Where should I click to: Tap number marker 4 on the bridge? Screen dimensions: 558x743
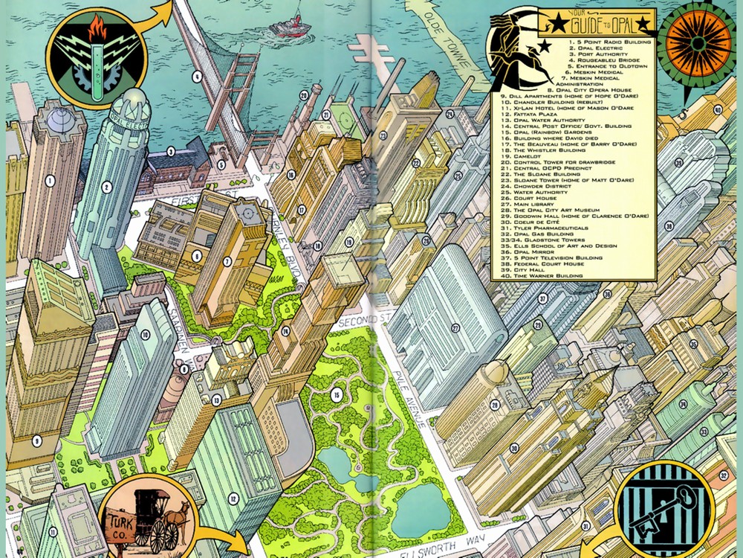coord(197,76)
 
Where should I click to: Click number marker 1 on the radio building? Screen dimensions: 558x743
coord(49,179)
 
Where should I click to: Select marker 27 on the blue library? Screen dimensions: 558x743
coord(455,327)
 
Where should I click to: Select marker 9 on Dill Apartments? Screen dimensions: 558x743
coord(36,442)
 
